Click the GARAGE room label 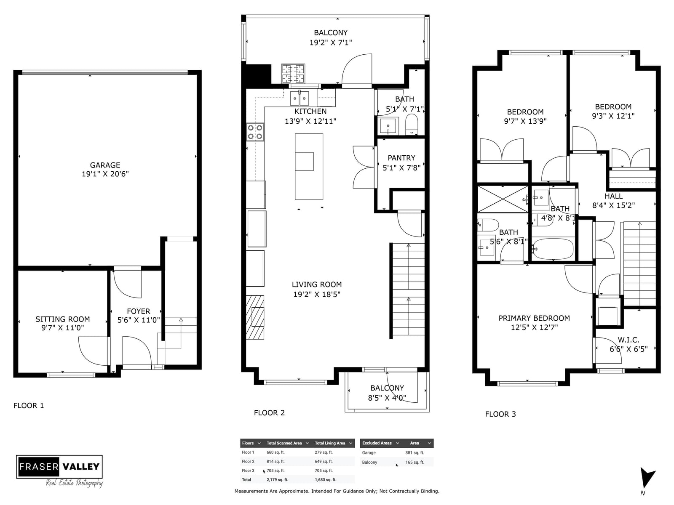(105, 165)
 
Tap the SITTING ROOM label (63, 319)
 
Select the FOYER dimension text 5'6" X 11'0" (139, 320)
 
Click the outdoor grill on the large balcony (293, 73)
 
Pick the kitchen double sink (300, 98)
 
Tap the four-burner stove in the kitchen (255, 132)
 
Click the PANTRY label (401, 158)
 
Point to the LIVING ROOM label (317, 284)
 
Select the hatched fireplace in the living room (255, 317)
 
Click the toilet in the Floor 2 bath (412, 125)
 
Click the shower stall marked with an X (503, 199)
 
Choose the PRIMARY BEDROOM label (534, 318)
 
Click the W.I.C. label (628, 340)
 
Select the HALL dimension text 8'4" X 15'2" (613, 205)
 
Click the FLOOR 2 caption (269, 413)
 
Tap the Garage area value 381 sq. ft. (415, 453)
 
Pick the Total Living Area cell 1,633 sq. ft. (326, 480)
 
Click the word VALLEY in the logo (81, 467)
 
